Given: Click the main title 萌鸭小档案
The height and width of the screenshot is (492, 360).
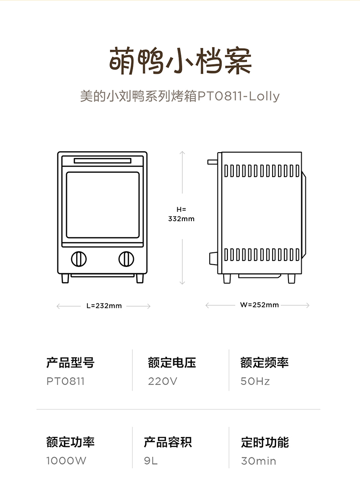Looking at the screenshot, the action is pos(180,61).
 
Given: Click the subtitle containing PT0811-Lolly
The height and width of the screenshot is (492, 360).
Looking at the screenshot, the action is pos(180,96).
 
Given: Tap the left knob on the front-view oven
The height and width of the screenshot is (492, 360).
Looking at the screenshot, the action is pos(78,259).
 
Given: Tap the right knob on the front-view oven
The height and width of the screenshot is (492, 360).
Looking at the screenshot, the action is pos(126,259).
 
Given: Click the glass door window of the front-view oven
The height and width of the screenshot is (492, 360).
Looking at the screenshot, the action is pos(103,205).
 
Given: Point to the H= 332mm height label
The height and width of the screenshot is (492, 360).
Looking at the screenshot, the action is pos(181,214).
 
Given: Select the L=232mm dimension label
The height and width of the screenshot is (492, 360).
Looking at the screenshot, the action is pos(104,306).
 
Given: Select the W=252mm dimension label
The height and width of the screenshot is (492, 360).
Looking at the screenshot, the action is pos(260,305).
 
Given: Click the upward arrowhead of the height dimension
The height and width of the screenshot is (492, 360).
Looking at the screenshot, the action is pos(182,153).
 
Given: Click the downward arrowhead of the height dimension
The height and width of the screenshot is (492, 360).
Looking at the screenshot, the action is pos(182,283).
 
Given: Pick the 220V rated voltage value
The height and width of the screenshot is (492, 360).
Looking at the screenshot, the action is pos(163,381).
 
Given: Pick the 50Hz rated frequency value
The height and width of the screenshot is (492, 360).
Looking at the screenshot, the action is pos(255,381).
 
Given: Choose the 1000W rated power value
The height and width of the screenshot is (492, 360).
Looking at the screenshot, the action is pos(66,461).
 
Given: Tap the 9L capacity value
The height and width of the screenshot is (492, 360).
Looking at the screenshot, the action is pos(151,461).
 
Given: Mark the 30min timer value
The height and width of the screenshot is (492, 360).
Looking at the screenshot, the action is pos(259,461).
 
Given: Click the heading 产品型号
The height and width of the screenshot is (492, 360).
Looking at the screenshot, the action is pos(70,363).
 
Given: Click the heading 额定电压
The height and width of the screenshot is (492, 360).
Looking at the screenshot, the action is pos(172,363).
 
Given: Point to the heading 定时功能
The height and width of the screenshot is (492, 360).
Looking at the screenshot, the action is pos(265,442).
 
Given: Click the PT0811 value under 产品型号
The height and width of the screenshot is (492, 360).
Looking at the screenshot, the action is pos(66,381).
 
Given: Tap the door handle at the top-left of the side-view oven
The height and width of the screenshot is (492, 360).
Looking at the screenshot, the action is pos(212,162).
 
